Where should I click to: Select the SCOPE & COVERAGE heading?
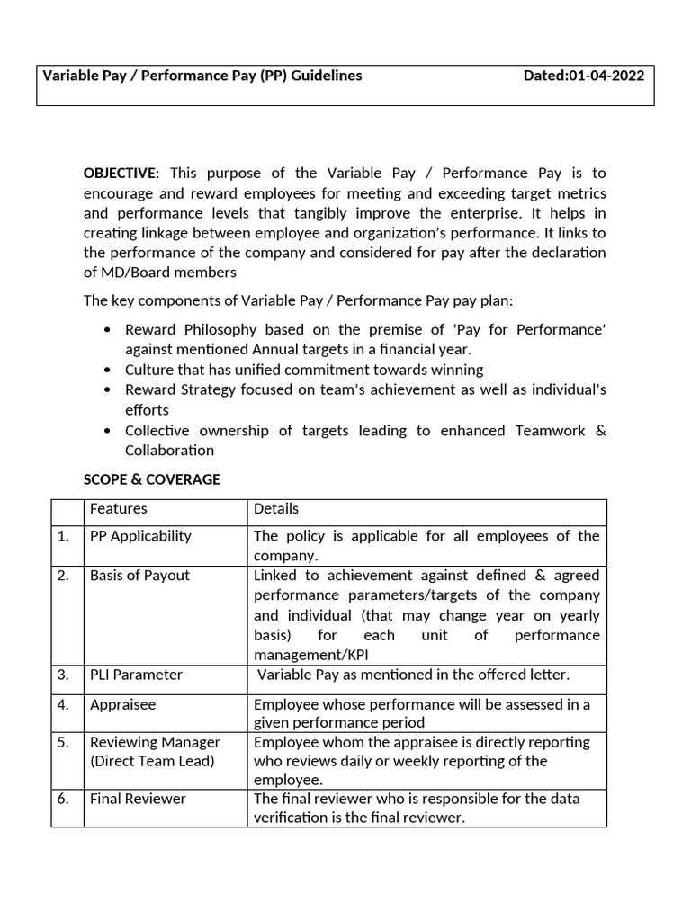pyautogui.click(x=151, y=479)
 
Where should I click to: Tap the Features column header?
pyautogui.click(x=119, y=509)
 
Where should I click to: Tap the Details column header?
pyautogui.click(x=275, y=509)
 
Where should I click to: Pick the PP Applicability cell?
pyautogui.click(x=140, y=536)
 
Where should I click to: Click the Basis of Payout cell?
pyautogui.click(x=139, y=576)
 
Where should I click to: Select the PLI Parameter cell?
pyautogui.click(x=136, y=675)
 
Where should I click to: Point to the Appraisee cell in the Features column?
pyautogui.click(x=122, y=704)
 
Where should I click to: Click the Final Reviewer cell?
pyautogui.click(x=138, y=799)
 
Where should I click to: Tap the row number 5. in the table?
pyautogui.click(x=63, y=742)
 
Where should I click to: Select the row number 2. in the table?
pyautogui.click(x=63, y=576)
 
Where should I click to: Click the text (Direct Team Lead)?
pyautogui.click(x=152, y=761)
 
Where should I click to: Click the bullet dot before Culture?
pyautogui.click(x=108, y=371)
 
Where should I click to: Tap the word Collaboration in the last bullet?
pyautogui.click(x=169, y=450)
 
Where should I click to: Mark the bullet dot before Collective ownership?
pyautogui.click(x=108, y=431)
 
